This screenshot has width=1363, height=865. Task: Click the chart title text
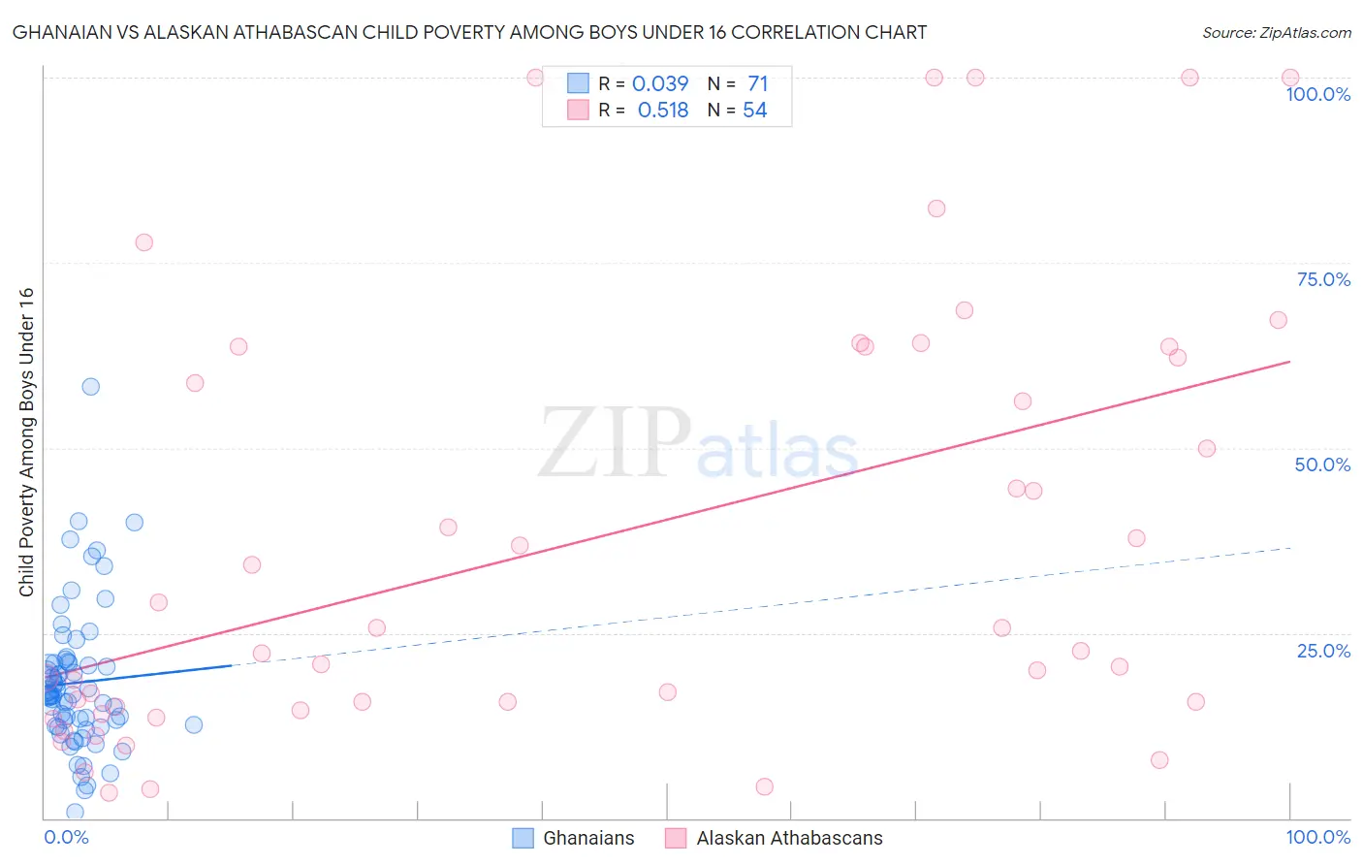[469, 33]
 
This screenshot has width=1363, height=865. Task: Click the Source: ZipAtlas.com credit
[1276, 33]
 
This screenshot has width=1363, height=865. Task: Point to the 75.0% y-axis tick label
[1323, 279]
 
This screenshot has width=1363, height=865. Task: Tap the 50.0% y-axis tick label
[1322, 465]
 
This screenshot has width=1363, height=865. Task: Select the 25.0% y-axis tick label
[1323, 651]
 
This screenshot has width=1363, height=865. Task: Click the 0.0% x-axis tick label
[66, 837]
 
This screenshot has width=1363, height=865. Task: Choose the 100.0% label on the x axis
[1317, 837]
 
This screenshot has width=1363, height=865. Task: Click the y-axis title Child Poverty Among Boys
[27, 442]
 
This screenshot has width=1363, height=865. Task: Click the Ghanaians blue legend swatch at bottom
[523, 838]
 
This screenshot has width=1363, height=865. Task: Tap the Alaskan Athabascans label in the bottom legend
[789, 838]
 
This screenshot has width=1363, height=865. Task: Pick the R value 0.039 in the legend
[659, 84]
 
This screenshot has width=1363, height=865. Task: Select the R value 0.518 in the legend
[663, 111]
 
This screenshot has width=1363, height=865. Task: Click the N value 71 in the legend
[757, 84]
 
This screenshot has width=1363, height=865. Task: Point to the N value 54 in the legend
[754, 111]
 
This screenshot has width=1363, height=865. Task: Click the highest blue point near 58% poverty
[90, 387]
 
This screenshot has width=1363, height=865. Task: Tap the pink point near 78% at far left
[143, 242]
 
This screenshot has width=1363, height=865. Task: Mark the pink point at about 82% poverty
[935, 208]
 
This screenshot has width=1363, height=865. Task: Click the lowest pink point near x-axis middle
[764, 786]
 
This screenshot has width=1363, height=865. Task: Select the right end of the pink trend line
[1289, 362]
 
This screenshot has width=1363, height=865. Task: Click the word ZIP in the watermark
[614, 443]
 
